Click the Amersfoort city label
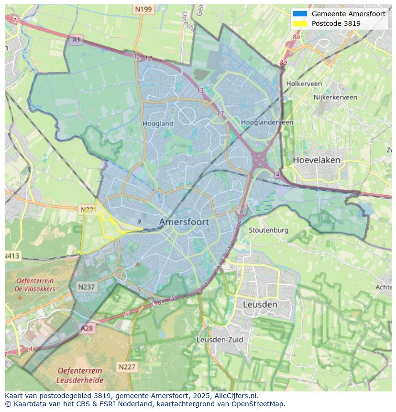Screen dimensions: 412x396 click(184, 222)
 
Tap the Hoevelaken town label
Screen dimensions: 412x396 click(316, 160)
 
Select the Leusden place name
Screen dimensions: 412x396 click(260, 304)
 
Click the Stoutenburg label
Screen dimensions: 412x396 click(268, 230)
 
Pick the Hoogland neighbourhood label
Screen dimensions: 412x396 click(158, 123)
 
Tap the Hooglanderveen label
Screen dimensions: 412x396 click(267, 122)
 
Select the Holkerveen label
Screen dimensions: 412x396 click(304, 84)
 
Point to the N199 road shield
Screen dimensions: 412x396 click(143, 9)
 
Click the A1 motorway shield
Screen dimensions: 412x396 click(76, 40)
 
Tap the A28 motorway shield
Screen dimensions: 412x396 click(87, 328)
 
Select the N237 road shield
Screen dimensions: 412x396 click(87, 287)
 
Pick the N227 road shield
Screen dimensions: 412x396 click(127, 367)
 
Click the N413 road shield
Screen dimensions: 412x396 click(12, 256)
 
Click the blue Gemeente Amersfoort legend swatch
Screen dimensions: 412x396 click(300, 14)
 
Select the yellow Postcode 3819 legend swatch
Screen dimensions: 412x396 click(300, 23)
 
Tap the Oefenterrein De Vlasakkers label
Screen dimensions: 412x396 click(35, 285)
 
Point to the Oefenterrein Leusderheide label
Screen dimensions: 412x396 click(79, 376)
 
